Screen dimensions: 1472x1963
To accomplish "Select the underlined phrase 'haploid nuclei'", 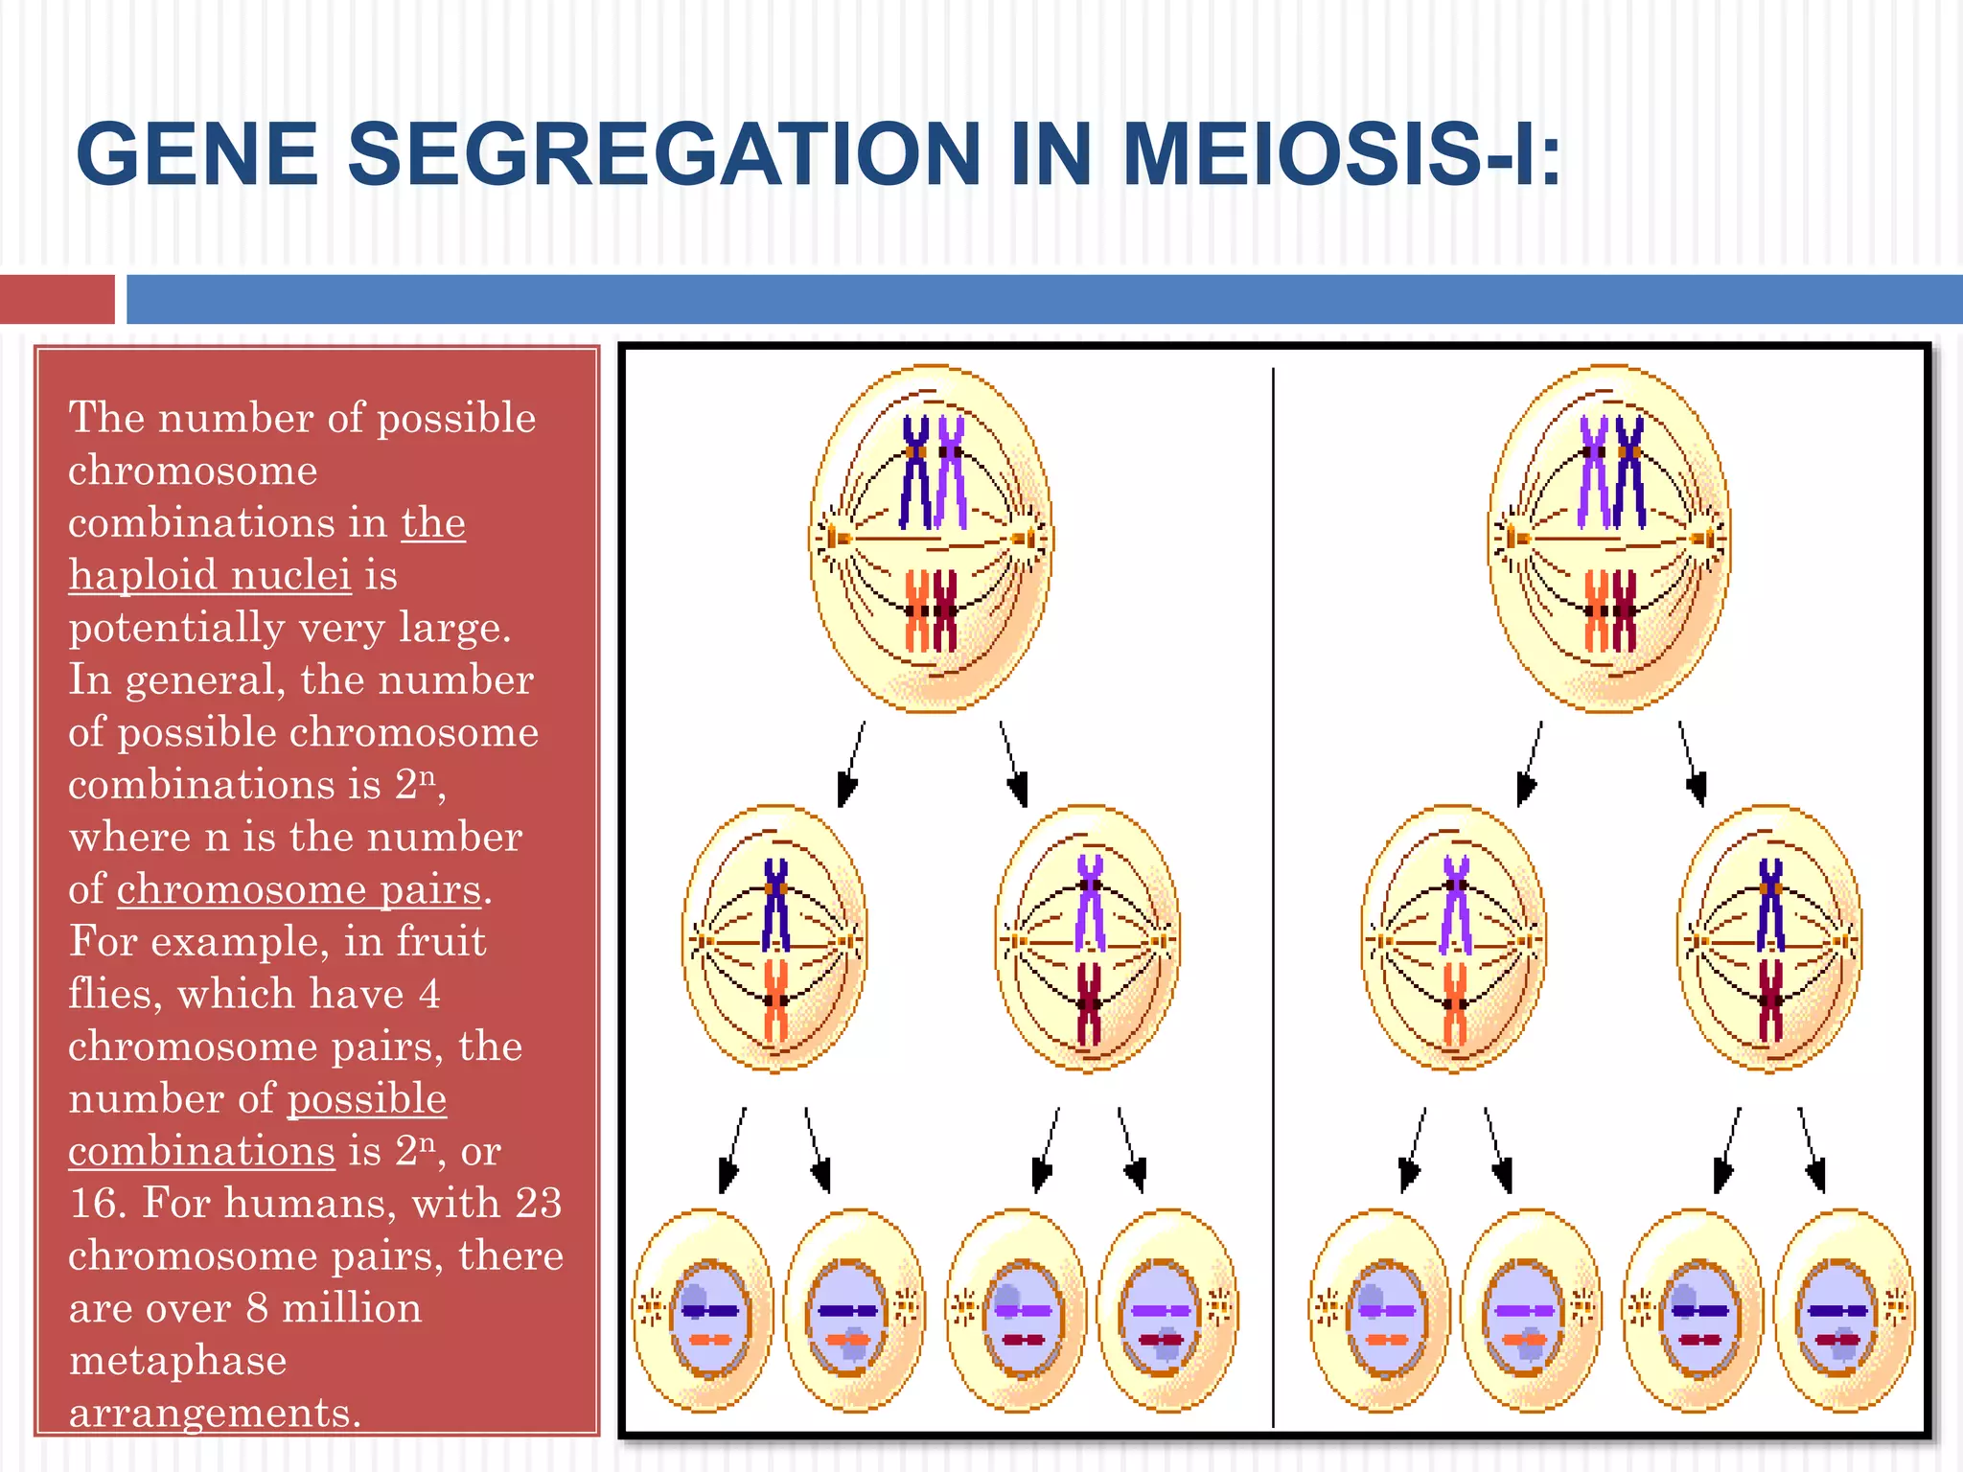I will [210, 575].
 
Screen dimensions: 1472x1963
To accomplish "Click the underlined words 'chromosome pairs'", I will [298, 889].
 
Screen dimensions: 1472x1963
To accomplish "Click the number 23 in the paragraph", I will [538, 1203].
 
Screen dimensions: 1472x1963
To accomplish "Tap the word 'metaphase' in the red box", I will [177, 1360].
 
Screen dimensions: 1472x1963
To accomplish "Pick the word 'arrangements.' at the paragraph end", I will [215, 1413].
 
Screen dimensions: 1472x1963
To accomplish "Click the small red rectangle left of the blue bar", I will [57, 299].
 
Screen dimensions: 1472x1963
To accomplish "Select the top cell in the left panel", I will [931, 539].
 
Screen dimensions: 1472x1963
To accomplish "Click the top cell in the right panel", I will [1609, 539].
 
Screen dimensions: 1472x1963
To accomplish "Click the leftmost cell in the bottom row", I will [703, 1310].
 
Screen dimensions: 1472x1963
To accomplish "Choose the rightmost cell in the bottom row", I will [1843, 1310].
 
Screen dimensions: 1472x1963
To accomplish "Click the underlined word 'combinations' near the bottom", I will [201, 1151].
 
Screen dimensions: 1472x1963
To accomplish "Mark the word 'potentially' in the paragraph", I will [176, 628].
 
